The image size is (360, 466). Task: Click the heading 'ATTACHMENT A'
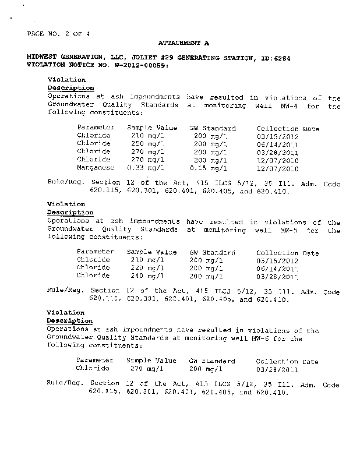pyautogui.click(x=183, y=44)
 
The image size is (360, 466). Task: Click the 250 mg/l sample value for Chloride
pyautogui.click(x=147, y=144)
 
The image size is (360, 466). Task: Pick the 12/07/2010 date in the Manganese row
pyautogui.click(x=277, y=169)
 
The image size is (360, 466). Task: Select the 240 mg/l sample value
pyautogui.click(x=147, y=276)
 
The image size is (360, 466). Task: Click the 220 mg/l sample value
pyautogui.click(x=147, y=269)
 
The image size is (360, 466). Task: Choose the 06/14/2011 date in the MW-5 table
pyautogui.click(x=277, y=269)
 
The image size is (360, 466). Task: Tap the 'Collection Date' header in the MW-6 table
pyautogui.click(x=287, y=361)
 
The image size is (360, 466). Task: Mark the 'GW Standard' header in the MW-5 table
pyautogui.click(x=212, y=253)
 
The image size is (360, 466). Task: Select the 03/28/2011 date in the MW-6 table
pyautogui.click(x=277, y=369)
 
